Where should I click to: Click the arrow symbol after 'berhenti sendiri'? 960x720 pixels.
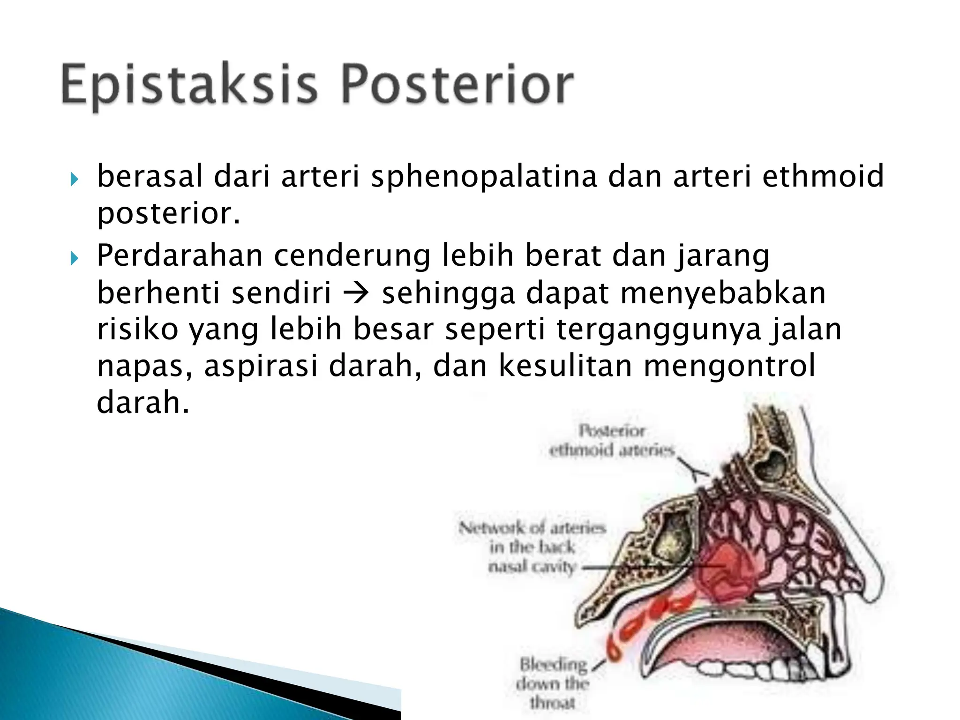356,293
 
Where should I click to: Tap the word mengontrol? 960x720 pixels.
729,366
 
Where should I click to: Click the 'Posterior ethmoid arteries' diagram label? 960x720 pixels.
611,440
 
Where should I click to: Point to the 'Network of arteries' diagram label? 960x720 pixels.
532,547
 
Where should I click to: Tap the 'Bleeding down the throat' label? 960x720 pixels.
553,682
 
